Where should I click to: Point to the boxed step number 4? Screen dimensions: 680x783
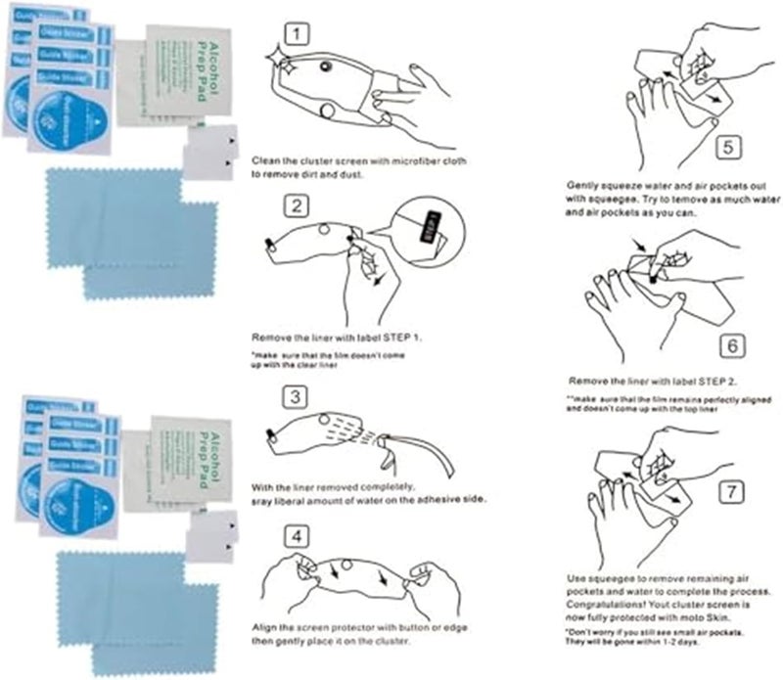299,535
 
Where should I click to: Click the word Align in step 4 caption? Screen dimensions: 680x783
265,625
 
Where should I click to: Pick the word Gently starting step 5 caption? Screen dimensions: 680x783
585,184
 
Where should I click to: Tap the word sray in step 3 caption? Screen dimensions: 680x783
263,499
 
